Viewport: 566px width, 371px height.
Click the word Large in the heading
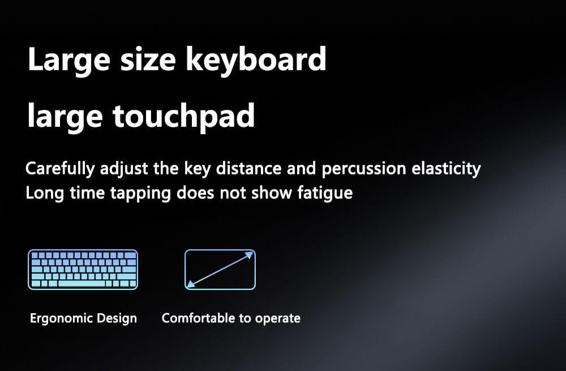pyautogui.click(x=61, y=59)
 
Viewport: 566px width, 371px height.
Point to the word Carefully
pyautogui.click(x=61, y=169)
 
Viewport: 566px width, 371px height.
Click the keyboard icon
pyautogui.click(x=83, y=270)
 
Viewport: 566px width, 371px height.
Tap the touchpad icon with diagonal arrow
pyautogui.click(x=220, y=270)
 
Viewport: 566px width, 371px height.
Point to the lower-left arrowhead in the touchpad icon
pyautogui.click(x=191, y=284)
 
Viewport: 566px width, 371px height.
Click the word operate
pyautogui.click(x=277, y=318)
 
